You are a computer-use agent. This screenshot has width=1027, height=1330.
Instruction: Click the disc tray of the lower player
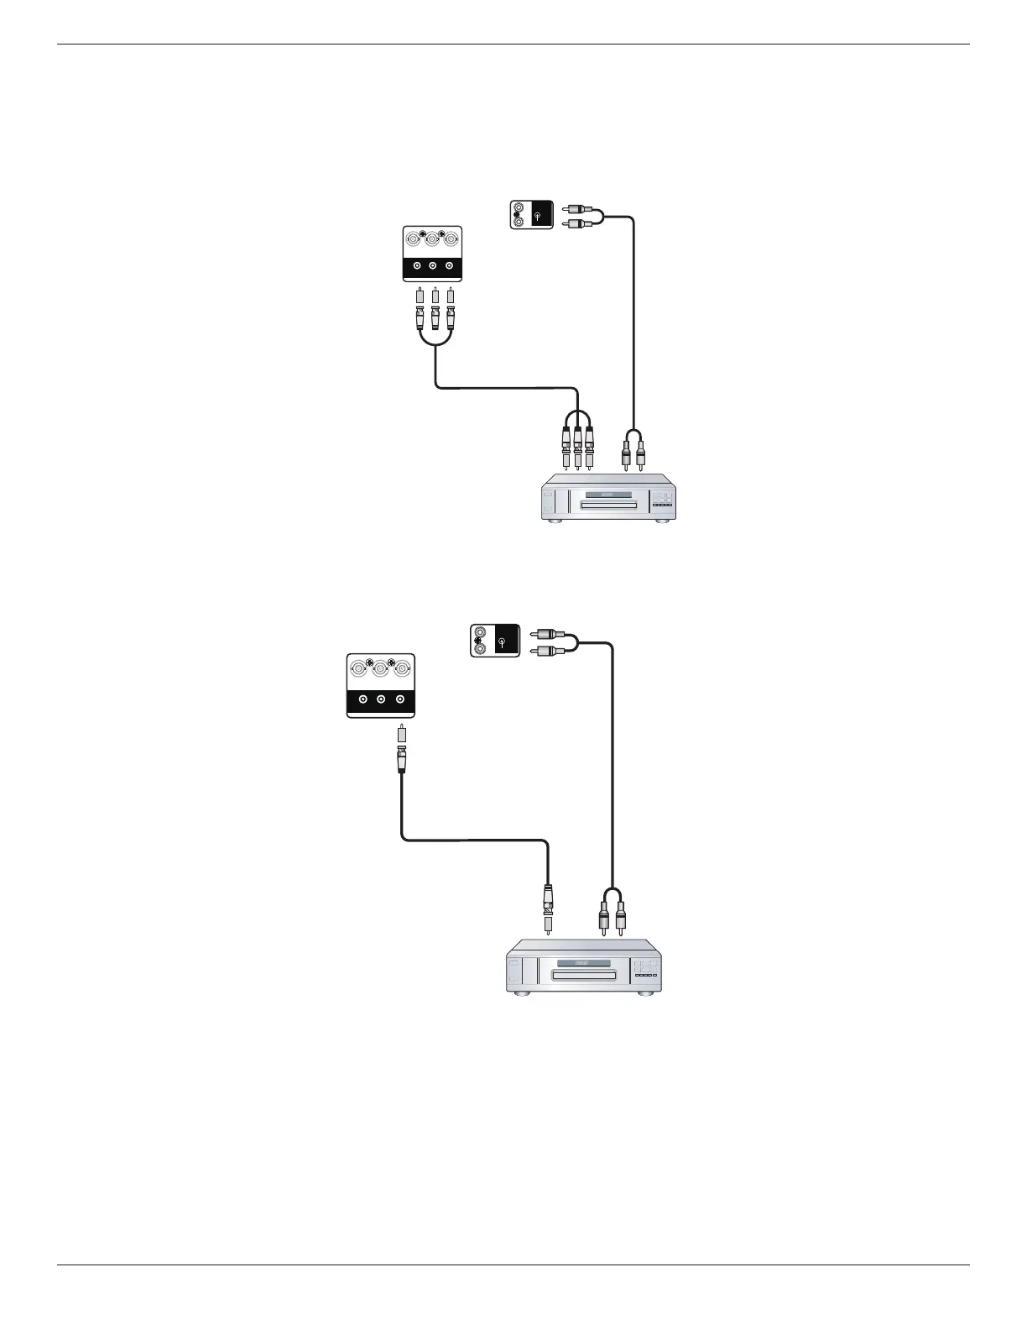tap(582, 975)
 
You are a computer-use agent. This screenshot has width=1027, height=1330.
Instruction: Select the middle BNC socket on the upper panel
tap(433, 240)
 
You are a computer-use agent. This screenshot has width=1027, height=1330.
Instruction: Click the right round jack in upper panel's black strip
tap(450, 266)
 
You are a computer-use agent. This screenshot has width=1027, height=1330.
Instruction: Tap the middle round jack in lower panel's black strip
tap(381, 699)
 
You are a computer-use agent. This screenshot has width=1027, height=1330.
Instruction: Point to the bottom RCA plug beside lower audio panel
tap(543, 651)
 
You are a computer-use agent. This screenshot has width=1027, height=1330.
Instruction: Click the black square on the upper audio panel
tap(541, 215)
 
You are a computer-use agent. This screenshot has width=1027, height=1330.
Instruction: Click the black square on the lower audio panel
tap(507, 642)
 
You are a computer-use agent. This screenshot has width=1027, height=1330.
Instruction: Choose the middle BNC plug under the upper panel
tap(435, 315)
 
